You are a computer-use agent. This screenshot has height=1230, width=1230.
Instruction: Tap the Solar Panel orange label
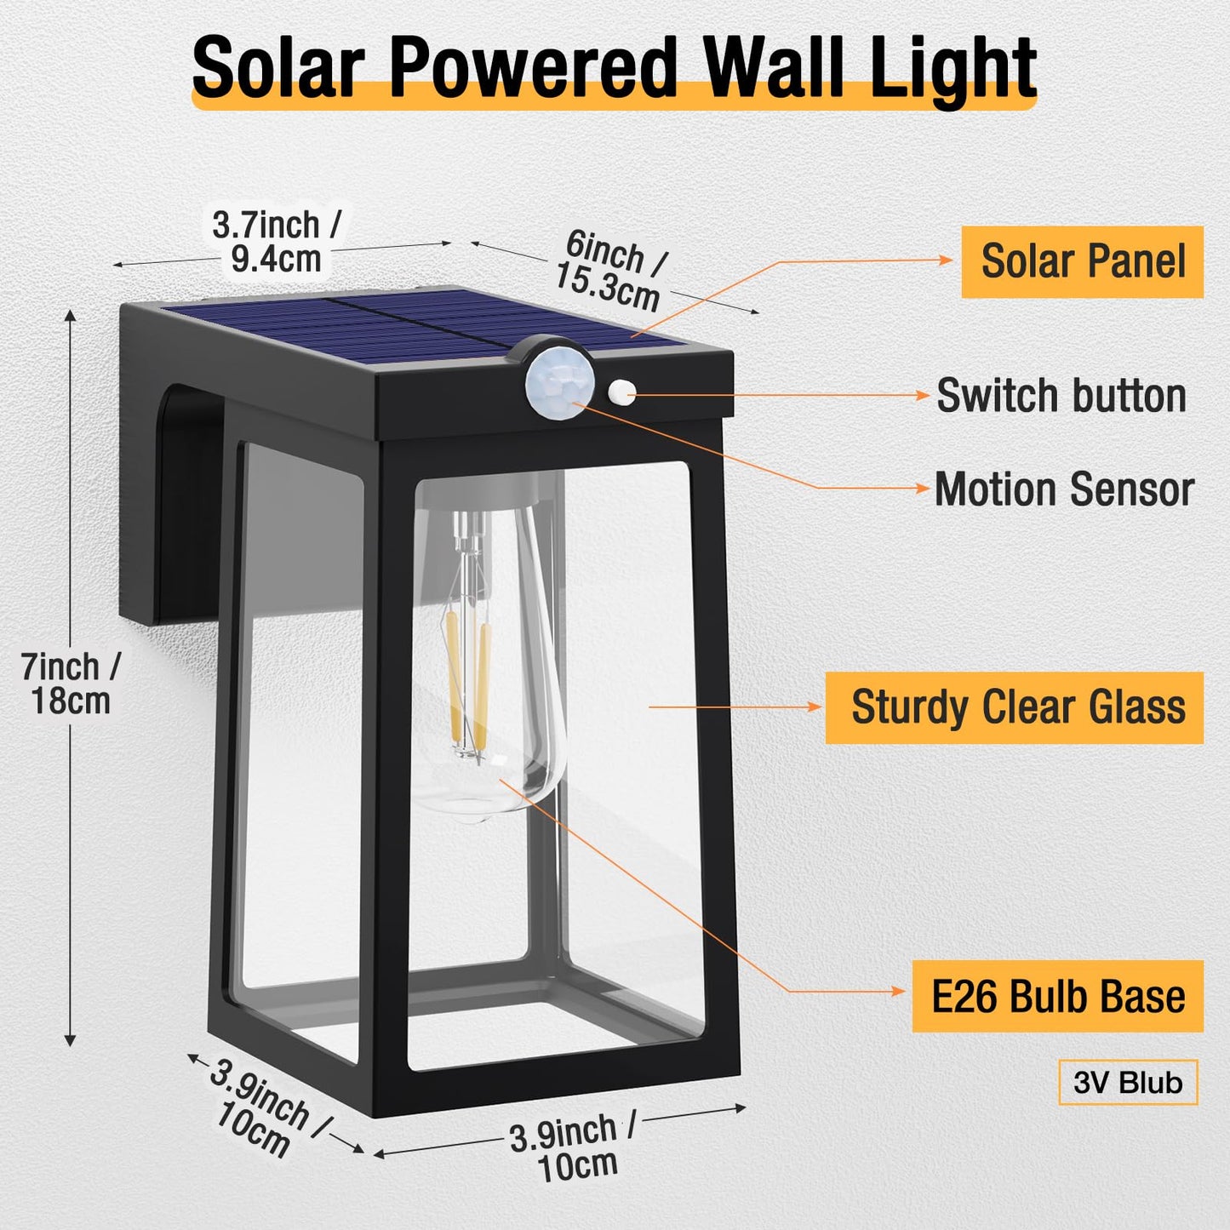[x=1082, y=261]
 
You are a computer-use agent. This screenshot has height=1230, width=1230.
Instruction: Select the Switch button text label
[x=1061, y=396]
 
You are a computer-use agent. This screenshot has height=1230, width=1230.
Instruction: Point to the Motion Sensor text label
[x=1064, y=489]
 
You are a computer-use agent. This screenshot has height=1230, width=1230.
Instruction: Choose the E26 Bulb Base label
[x=1058, y=997]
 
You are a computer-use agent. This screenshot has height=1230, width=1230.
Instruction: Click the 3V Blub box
[x=1128, y=1083]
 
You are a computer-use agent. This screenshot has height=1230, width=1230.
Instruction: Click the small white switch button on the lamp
[x=621, y=392]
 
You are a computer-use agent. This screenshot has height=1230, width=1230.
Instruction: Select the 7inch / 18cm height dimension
[x=71, y=684]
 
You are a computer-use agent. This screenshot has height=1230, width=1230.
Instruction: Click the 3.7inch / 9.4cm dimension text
[x=277, y=243]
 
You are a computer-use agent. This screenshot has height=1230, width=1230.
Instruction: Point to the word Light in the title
[x=953, y=68]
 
